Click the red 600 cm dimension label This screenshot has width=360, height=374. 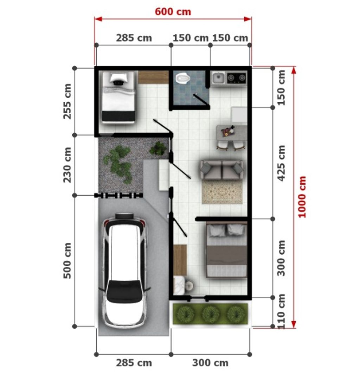173,12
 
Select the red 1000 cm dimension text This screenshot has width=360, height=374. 302,197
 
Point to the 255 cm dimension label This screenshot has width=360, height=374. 67,101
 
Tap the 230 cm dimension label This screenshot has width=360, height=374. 67,165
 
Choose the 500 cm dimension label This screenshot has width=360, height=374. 67,260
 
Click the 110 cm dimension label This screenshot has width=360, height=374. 282,312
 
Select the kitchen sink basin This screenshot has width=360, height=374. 218,77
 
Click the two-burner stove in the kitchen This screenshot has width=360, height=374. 236,77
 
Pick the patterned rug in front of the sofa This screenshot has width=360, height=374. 222,192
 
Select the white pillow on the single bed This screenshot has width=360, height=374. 118,79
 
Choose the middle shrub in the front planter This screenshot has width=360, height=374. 211,314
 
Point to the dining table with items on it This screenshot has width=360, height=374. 231,133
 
